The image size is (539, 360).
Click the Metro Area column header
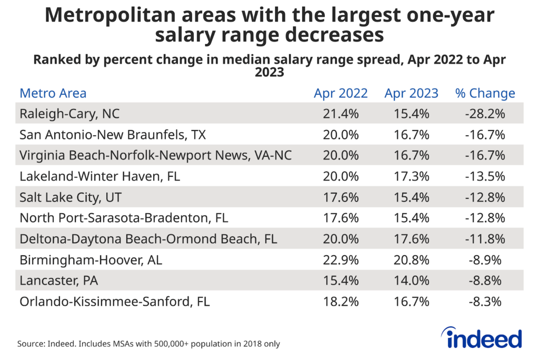coord(53,94)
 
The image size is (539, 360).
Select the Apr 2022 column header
coord(341,94)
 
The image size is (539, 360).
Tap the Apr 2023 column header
coord(411,94)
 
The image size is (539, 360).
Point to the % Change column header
coord(485,94)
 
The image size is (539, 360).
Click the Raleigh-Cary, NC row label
coord(66,114)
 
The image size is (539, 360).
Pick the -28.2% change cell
coord(485,114)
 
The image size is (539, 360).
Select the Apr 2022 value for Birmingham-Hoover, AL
coord(341,260)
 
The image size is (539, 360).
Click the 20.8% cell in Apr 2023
coord(411,260)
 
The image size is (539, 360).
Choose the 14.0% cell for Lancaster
coord(411,281)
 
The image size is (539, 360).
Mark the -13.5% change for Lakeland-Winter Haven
coord(485,176)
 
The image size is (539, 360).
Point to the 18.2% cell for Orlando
coord(341,302)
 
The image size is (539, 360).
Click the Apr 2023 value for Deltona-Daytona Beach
coord(411,239)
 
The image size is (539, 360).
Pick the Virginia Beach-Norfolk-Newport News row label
coord(155,156)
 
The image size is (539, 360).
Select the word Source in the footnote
coord(31,344)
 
